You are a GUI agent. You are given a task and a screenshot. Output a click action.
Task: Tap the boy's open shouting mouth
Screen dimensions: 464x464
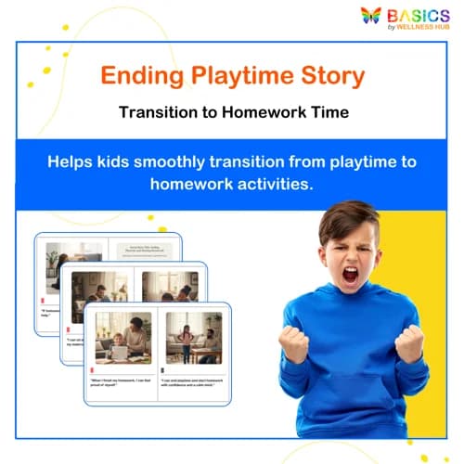350,275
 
